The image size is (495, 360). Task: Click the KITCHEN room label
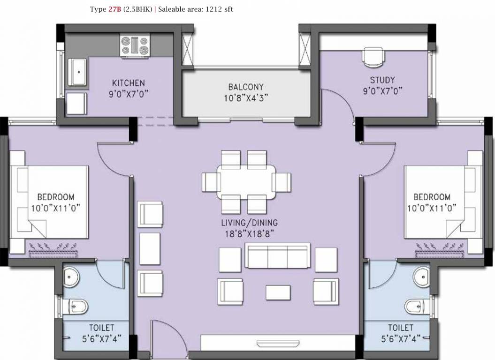pos(125,83)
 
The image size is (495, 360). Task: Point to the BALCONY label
pos(246,87)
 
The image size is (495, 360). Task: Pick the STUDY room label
pos(382,80)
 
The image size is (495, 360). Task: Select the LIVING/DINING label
pos(250,222)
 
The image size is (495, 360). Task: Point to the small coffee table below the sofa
pos(278,292)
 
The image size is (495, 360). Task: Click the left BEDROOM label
pos(56,197)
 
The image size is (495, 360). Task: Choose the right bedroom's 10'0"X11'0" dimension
pos(432,207)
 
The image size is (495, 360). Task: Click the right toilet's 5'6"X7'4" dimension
pos(400,337)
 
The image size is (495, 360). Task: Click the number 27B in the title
pos(114,9)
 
